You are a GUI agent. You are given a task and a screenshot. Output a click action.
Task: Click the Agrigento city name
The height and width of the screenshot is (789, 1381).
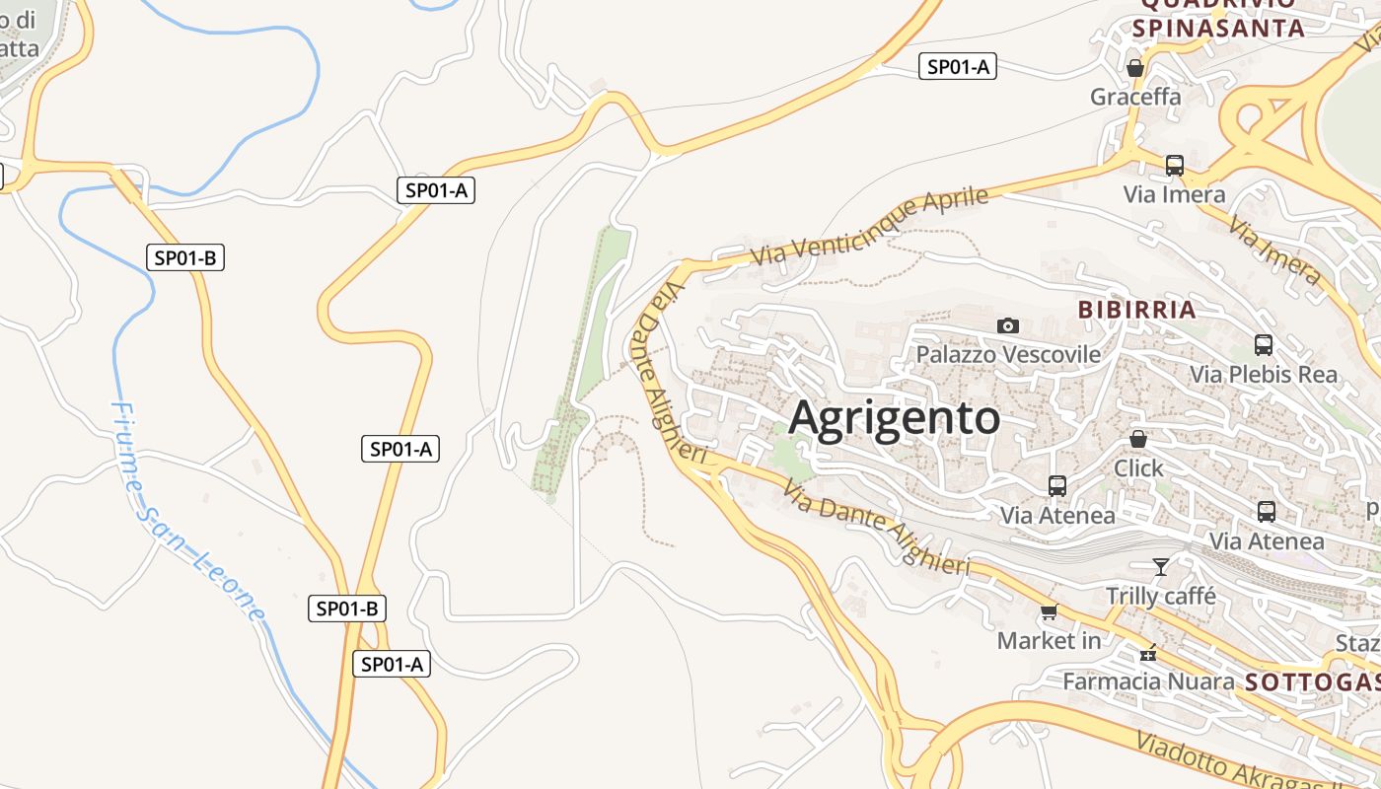(x=894, y=418)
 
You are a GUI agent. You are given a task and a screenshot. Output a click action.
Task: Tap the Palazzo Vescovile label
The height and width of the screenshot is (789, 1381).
(x=1008, y=354)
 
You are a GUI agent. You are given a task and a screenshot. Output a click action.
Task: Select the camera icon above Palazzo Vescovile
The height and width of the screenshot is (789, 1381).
(x=1007, y=325)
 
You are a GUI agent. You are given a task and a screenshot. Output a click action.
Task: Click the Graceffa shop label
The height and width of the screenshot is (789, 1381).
(x=1135, y=97)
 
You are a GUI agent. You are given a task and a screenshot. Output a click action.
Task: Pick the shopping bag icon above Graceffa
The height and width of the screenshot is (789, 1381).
(x=1135, y=68)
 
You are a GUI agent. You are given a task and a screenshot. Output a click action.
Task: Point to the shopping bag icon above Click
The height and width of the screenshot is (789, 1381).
(x=1138, y=439)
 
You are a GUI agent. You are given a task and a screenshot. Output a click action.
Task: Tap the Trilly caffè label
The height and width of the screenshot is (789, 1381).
(x=1161, y=596)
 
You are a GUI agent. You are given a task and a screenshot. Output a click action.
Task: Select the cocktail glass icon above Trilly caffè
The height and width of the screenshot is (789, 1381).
(x=1161, y=566)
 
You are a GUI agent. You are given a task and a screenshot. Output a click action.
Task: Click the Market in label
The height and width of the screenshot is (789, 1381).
(x=1049, y=641)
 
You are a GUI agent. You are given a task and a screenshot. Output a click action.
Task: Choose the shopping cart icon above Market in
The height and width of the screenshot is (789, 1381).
(x=1049, y=612)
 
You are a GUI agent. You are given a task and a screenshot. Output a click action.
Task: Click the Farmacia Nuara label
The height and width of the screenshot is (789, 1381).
(x=1148, y=681)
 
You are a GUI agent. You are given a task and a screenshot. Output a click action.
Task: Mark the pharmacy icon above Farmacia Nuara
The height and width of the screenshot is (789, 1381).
(x=1148, y=653)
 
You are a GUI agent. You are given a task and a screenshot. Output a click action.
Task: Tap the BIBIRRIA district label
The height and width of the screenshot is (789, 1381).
(x=1136, y=310)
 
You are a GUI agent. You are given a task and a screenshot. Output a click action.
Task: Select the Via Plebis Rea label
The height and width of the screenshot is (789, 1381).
(x=1264, y=375)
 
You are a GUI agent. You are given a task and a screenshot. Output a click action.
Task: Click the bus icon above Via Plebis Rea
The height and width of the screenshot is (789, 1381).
(x=1264, y=345)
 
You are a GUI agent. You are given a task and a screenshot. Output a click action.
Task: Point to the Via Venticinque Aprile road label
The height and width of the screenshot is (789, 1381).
(x=869, y=226)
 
